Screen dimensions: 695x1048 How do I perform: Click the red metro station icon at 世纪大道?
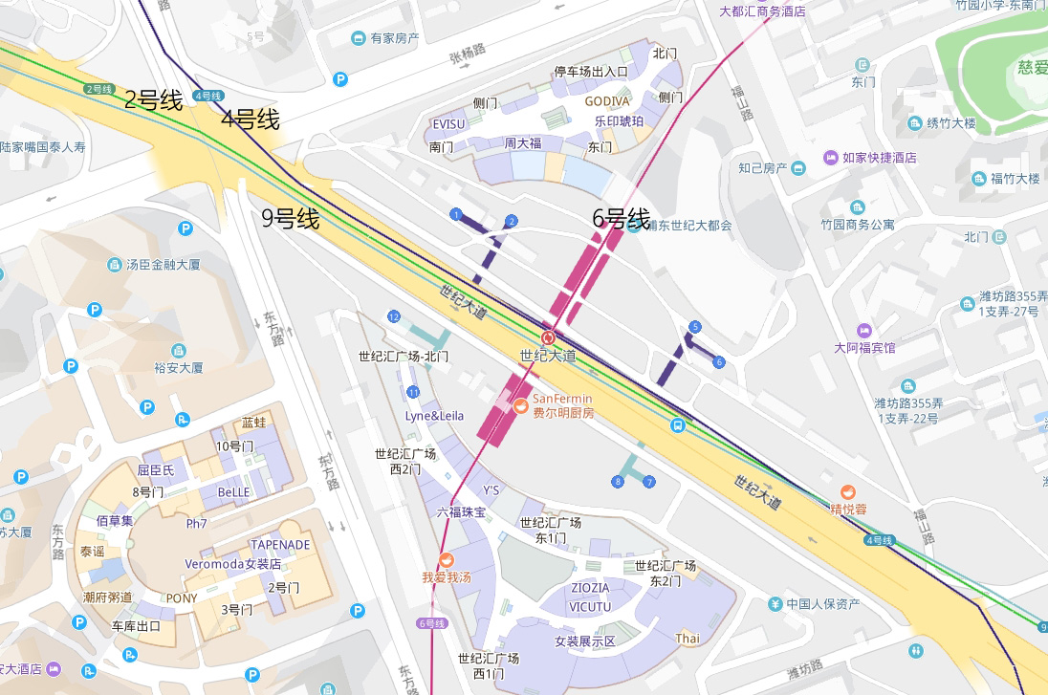pyautogui.click(x=548, y=337)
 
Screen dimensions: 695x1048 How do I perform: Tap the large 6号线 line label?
pyautogui.click(x=621, y=218)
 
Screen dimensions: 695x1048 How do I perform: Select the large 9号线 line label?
pyautogui.click(x=291, y=219)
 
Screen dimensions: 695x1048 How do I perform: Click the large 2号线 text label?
pyautogui.click(x=153, y=99)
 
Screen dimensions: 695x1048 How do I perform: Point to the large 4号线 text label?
pyautogui.click(x=250, y=119)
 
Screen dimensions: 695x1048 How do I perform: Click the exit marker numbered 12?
pyautogui.click(x=394, y=316)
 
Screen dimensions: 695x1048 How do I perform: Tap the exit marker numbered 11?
pyautogui.click(x=413, y=392)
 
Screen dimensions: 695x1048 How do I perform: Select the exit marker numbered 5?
pyautogui.click(x=694, y=327)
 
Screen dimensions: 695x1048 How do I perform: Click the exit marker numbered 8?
pyautogui.click(x=618, y=481)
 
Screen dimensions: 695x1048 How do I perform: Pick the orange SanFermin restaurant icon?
pyautogui.click(x=521, y=406)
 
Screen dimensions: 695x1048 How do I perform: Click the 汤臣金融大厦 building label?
pyautogui.click(x=164, y=264)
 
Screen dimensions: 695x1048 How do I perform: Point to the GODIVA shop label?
pyautogui.click(x=607, y=101)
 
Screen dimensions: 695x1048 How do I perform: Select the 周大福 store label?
pyautogui.click(x=523, y=143)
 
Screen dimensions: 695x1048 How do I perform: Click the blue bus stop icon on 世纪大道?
pyautogui.click(x=677, y=425)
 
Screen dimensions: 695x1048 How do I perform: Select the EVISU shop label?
pyautogui.click(x=448, y=124)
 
